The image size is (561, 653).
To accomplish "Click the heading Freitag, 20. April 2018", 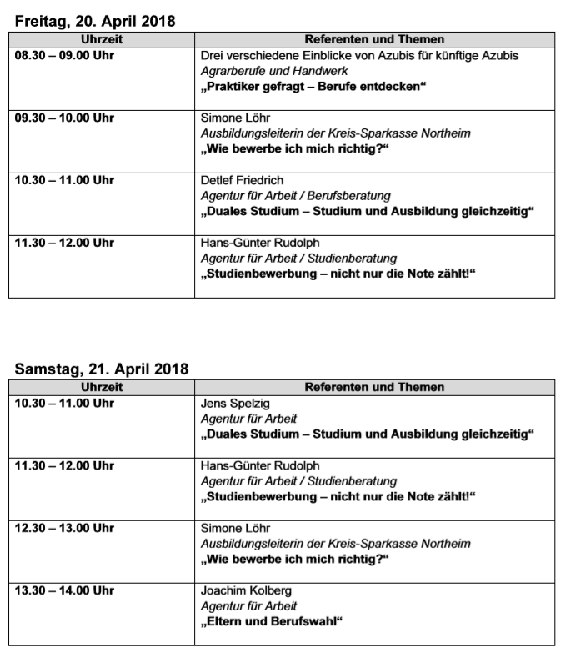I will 95,22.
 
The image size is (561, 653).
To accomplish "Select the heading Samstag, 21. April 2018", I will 101,369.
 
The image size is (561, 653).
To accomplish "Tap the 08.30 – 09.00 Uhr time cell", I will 64,55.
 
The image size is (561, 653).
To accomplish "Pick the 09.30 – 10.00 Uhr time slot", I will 64,118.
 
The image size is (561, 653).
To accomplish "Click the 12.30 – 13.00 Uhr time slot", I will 64,528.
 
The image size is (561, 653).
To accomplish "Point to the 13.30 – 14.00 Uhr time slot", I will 64,590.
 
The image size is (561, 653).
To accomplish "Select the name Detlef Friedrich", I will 243,180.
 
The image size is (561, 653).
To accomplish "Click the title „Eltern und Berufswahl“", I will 273,621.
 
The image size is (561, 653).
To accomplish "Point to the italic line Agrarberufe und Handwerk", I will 274,71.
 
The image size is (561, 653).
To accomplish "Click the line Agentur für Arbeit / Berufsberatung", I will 296,196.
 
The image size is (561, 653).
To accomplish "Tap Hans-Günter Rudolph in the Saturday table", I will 260,465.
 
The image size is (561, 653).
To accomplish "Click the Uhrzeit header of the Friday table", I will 102,39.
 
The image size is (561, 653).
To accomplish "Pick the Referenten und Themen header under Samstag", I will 374,387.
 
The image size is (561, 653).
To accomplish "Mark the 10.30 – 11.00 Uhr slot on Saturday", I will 64,404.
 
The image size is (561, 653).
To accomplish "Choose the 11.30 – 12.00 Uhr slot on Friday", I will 64,243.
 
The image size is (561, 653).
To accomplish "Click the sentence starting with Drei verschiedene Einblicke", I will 360,55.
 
